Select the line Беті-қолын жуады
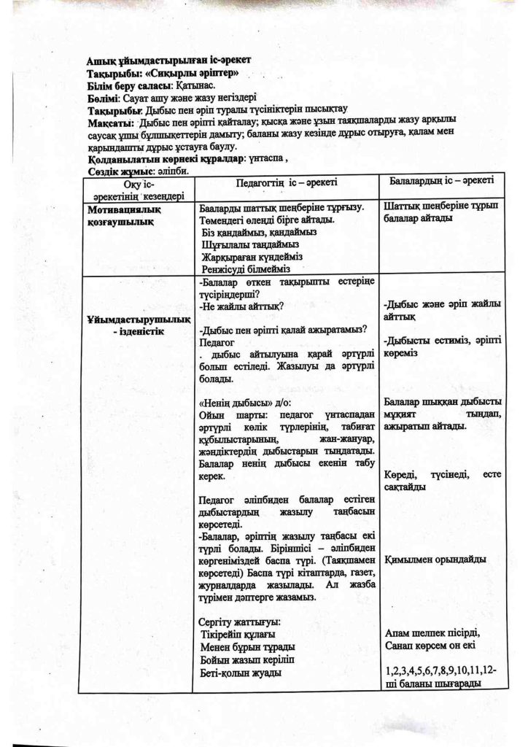pyautogui.click(x=241, y=673)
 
